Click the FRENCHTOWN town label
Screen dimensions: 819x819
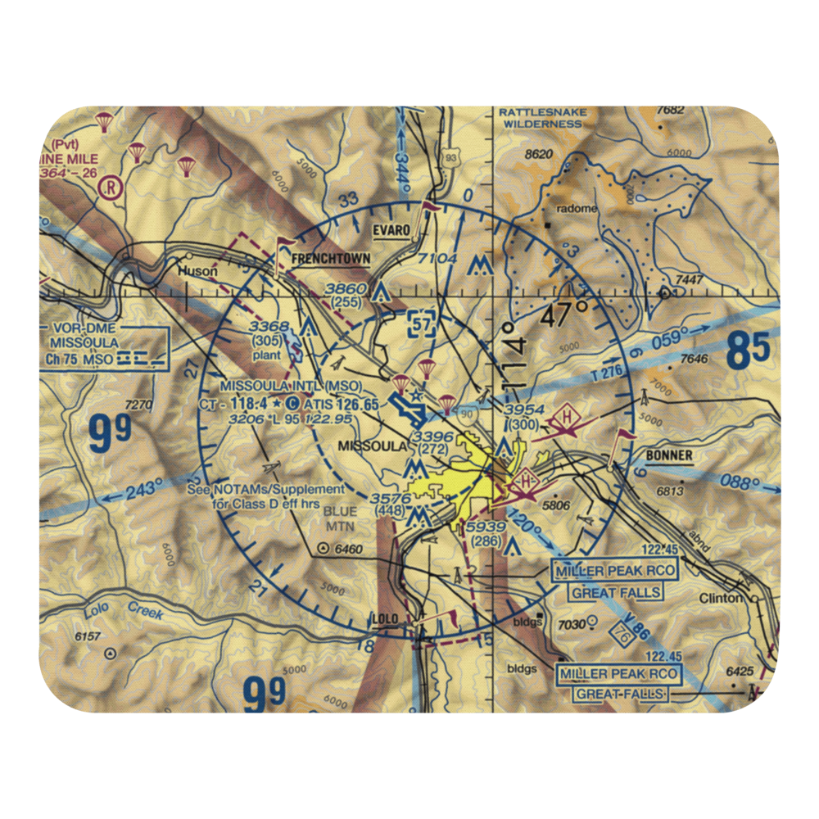[x=330, y=259]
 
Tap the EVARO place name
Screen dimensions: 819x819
[x=390, y=231]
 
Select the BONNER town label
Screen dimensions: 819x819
[x=668, y=456]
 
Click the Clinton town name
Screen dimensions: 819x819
[x=721, y=599]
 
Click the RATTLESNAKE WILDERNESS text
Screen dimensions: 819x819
[x=542, y=118]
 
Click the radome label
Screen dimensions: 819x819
[x=577, y=209]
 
